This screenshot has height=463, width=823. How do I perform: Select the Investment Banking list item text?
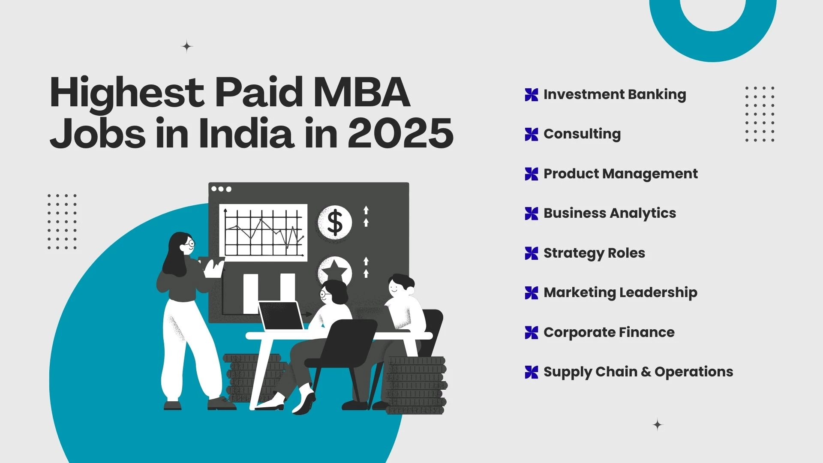tap(615, 95)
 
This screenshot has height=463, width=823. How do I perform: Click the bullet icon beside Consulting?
tap(532, 134)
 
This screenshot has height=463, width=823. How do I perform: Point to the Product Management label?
tap(620, 174)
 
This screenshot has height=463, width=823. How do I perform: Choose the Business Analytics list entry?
tap(610, 213)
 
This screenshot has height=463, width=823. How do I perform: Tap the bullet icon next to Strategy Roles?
tap(532, 253)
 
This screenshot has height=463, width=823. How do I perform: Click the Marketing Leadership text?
tap(620, 293)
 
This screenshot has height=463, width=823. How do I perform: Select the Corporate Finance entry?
tap(609, 332)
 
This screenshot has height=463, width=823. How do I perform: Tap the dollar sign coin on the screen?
tap(335, 222)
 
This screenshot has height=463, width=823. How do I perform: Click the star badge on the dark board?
tap(335, 271)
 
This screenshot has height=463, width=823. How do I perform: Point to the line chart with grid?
tap(263, 233)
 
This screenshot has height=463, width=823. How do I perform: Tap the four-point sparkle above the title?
tap(187, 46)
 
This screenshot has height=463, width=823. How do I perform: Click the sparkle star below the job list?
tap(658, 425)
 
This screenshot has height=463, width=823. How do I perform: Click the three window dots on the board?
tap(221, 189)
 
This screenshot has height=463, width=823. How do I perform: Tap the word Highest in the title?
tap(127, 93)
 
